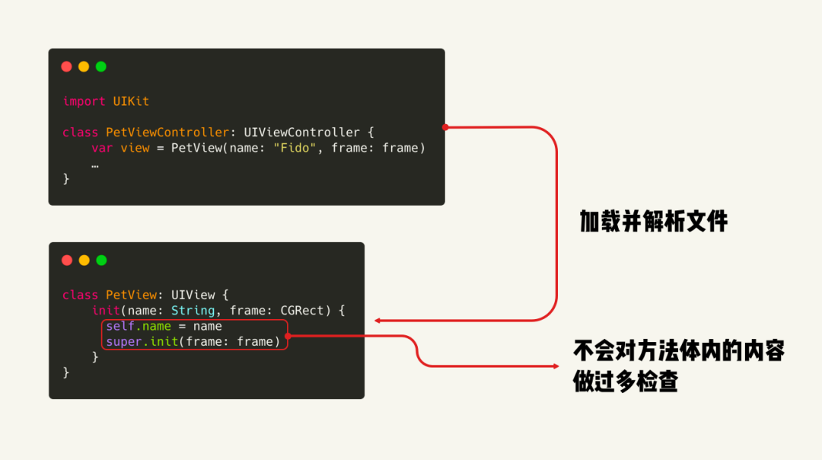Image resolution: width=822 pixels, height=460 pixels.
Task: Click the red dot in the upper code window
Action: coord(66,66)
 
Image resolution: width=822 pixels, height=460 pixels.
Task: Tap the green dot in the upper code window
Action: coord(100,66)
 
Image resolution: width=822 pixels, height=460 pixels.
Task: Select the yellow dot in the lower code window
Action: coord(84,260)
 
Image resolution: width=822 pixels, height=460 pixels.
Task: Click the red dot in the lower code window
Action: coord(66,260)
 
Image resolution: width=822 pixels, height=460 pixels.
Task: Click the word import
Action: coord(84,101)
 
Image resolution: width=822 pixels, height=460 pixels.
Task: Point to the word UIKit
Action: coord(132,101)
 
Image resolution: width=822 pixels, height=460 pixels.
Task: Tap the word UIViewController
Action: coord(301,133)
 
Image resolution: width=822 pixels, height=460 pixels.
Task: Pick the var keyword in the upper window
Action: coord(102,148)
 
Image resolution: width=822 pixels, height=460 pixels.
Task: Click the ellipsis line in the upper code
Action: coord(95,163)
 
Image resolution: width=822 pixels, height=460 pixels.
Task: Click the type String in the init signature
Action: coord(193,311)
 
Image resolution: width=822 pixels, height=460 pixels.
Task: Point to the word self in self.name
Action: coord(120,327)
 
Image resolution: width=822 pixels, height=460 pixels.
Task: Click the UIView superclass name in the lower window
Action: coord(193,295)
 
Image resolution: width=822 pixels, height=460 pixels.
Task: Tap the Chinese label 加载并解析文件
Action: coord(654,222)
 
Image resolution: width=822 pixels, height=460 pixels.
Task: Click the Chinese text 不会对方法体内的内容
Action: coord(679,351)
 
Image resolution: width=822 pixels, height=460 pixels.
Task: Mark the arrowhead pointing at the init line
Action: coord(378,321)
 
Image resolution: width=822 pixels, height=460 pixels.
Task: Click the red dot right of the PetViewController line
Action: coord(445,127)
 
